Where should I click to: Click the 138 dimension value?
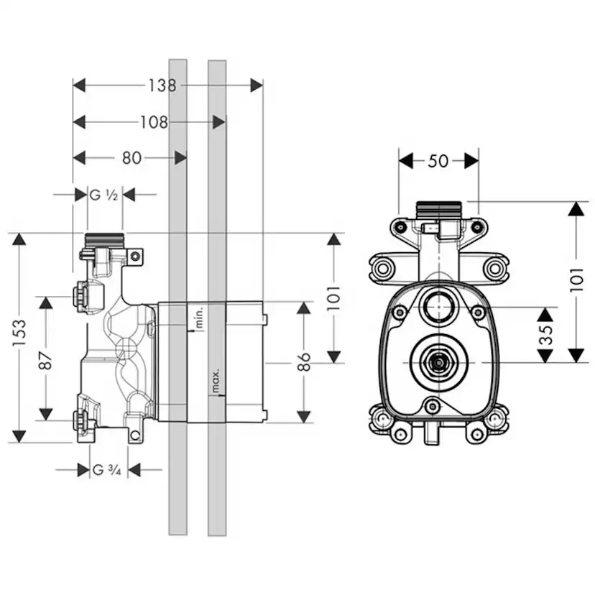[162, 86]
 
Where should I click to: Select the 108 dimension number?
[154, 122]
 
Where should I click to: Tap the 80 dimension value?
[132, 158]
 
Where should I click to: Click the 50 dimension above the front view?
[438, 161]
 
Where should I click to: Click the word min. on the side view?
[200, 318]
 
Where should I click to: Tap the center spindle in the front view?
[436, 363]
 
